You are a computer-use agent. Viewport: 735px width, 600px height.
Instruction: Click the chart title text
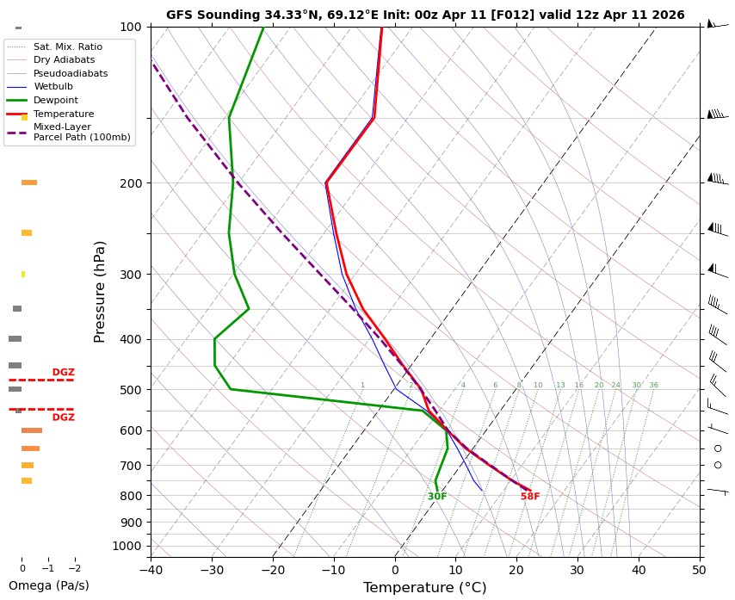[425, 15]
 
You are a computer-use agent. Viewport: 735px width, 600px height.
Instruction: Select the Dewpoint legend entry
[56, 100]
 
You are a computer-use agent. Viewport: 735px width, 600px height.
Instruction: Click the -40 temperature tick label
[151, 569]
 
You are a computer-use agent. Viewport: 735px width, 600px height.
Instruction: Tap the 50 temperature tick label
[699, 569]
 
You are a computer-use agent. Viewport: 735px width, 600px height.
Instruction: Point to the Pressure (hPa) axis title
[100, 291]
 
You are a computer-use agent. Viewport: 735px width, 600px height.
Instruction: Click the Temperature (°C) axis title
[424, 588]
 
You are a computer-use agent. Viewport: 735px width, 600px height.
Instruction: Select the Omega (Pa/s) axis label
[48, 585]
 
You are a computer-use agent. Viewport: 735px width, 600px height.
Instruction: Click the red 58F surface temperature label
[530, 497]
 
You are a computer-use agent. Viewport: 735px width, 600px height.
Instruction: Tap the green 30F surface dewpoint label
[437, 497]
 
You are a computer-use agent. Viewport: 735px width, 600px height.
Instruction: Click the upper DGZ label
[63, 373]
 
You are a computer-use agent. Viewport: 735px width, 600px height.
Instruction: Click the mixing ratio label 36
[653, 386]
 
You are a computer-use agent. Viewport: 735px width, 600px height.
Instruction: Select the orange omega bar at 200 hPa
[29, 182]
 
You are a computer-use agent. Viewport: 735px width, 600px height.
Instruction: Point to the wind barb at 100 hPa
[714, 25]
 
